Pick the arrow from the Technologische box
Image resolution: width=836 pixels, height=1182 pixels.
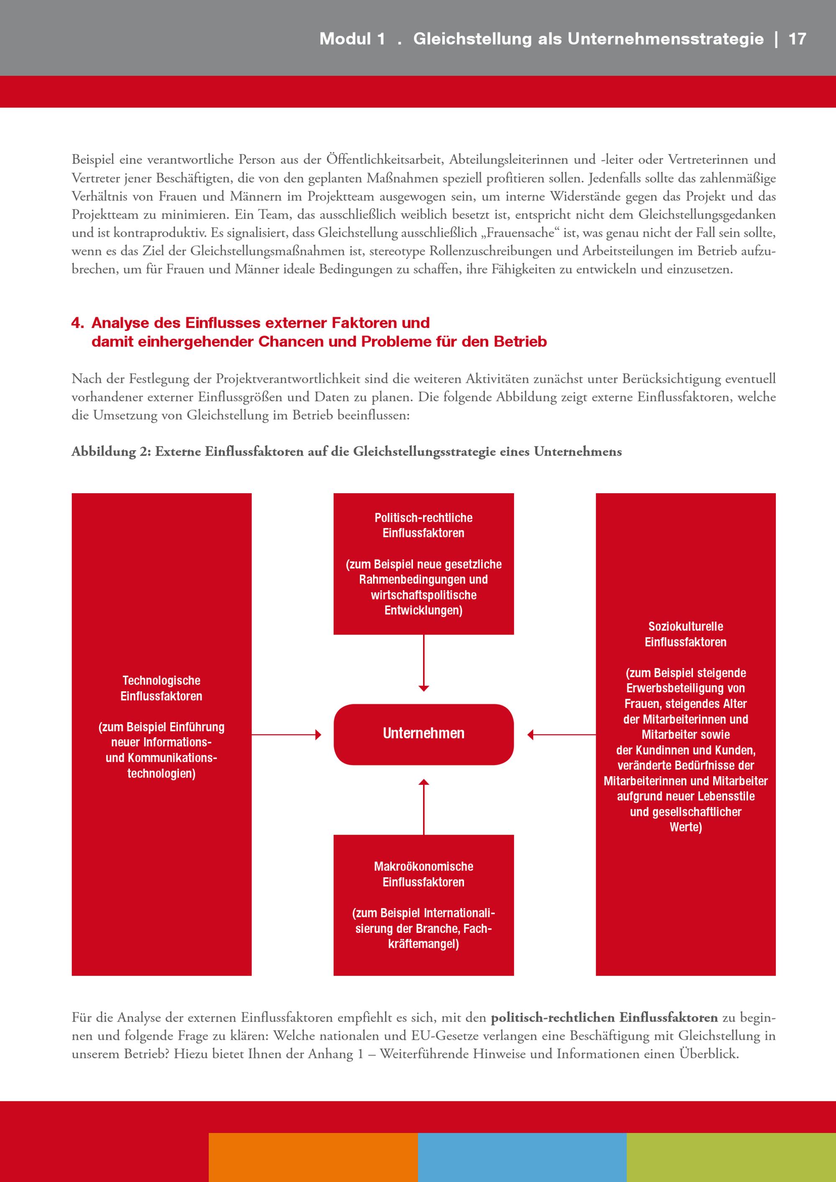286,735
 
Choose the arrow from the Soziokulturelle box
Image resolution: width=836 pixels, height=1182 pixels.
561,735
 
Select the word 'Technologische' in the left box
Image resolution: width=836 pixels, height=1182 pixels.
161,680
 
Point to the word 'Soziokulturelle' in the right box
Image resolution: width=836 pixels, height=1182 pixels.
685,627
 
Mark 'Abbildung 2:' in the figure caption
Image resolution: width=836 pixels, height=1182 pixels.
111,452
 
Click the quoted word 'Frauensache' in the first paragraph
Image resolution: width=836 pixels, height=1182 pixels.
520,233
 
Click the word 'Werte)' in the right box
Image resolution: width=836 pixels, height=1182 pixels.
685,827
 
